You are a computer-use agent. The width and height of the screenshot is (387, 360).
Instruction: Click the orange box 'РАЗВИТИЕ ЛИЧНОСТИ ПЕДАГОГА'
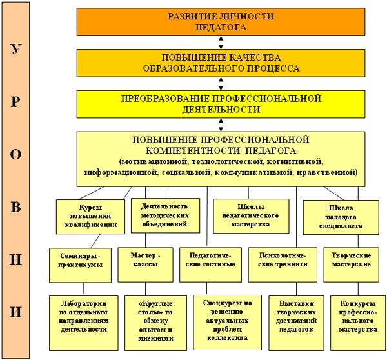click(221, 21)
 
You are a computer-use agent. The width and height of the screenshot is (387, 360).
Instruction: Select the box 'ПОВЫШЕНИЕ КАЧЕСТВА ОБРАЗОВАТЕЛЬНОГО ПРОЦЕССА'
click(221, 62)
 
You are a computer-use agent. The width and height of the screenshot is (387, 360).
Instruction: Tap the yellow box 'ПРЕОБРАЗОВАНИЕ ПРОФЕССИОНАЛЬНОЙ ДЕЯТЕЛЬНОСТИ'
click(221, 104)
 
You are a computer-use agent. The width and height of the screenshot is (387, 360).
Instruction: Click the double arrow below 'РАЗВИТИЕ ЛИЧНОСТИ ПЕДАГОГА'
click(221, 42)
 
